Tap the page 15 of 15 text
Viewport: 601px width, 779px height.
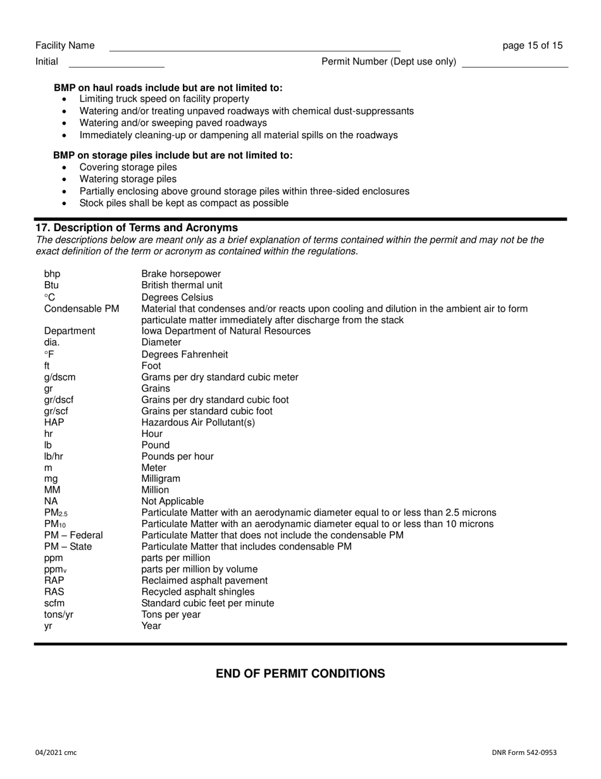532,46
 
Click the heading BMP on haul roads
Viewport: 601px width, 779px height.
168,87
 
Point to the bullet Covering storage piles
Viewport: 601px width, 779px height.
128,167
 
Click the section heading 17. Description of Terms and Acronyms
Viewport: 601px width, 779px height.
137,227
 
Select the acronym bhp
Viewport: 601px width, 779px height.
53,274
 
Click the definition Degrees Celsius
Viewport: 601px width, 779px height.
177,297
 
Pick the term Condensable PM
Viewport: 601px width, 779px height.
82,308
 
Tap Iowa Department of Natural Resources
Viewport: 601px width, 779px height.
226,331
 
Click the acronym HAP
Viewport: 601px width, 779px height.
54,422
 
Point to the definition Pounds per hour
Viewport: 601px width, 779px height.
177,456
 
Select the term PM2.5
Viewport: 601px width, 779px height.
56,512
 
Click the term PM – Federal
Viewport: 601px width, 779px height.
73,535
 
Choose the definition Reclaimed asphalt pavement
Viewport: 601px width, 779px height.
204,580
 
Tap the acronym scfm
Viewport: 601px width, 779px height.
54,603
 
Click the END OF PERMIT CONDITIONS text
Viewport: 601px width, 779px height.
300,673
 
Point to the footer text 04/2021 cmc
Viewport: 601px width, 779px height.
56,752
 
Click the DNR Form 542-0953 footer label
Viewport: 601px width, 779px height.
524,752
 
